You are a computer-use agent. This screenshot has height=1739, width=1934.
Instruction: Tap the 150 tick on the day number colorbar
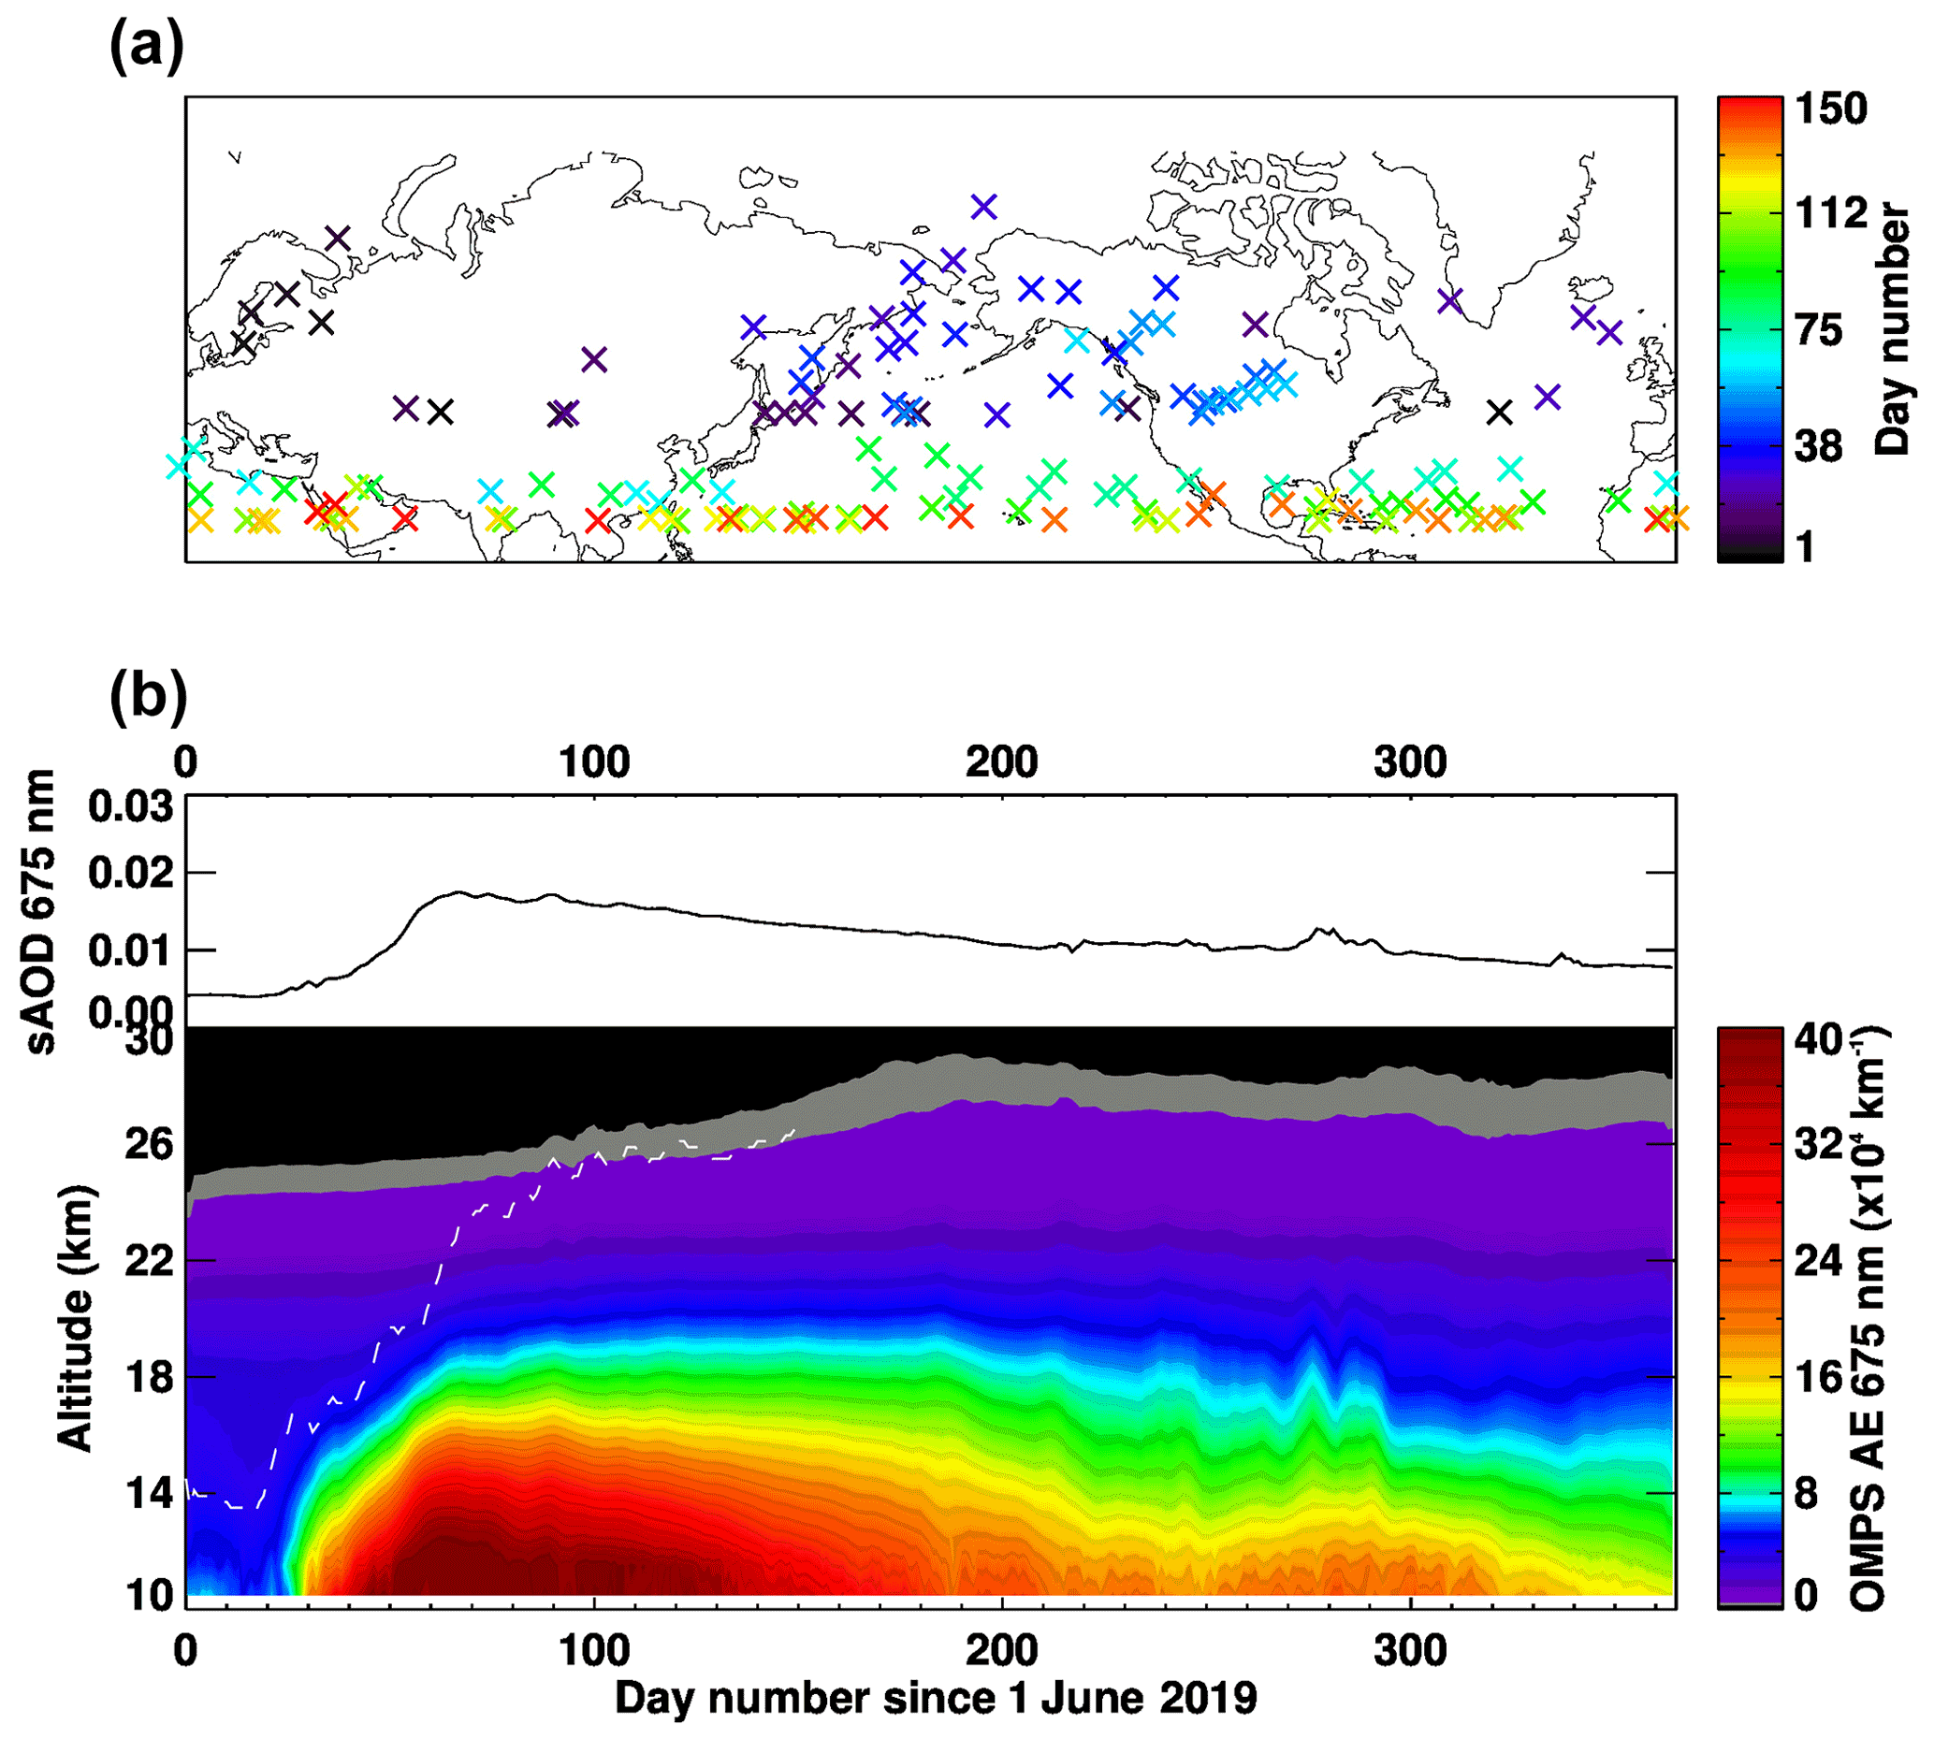(x=1830, y=109)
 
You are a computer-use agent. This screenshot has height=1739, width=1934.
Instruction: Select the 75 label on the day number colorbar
(x=1817, y=330)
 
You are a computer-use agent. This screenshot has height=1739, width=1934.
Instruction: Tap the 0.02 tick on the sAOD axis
(x=131, y=874)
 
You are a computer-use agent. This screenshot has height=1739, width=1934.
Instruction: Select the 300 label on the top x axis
(x=1410, y=762)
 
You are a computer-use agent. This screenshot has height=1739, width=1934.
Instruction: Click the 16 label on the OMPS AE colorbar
(x=1817, y=1377)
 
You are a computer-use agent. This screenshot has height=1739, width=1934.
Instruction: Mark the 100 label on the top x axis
(x=594, y=762)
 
